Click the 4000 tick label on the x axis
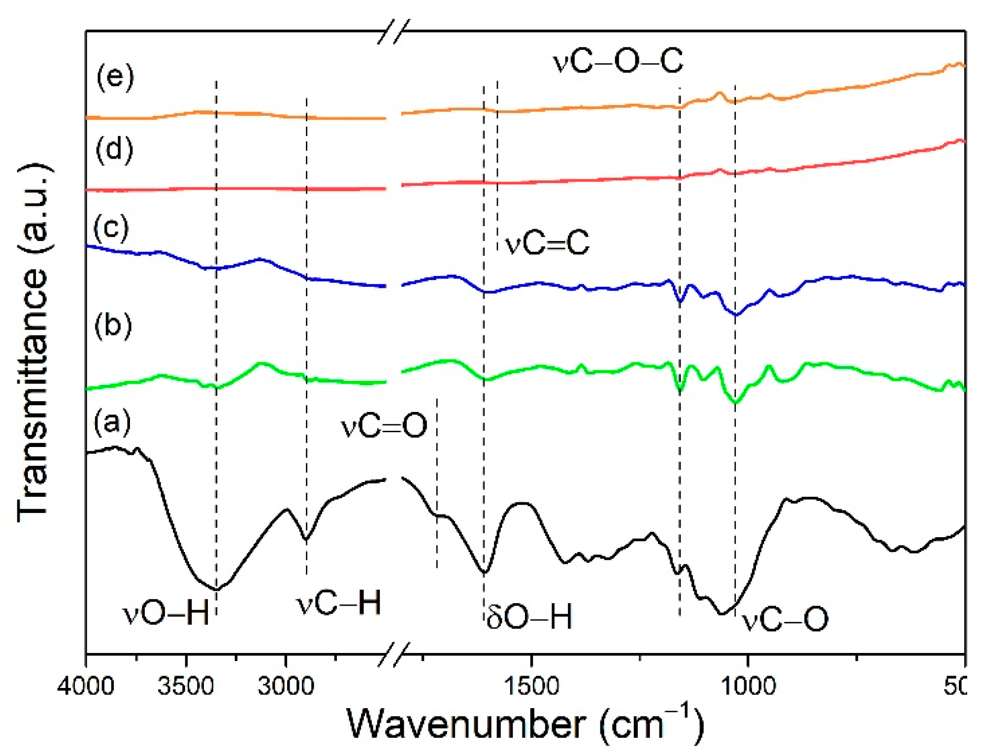(86, 686)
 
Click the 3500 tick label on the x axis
(186, 686)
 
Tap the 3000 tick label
(286, 686)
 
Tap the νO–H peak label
(166, 614)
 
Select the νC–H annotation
(339, 602)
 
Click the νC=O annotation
(384, 425)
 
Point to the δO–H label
(529, 617)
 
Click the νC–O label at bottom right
(785, 619)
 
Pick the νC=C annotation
(547, 242)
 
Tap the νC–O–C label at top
(618, 62)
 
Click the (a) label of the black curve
(113, 422)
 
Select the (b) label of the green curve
(113, 326)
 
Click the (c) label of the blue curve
(111, 228)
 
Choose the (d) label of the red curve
(114, 149)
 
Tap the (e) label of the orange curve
(115, 77)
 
